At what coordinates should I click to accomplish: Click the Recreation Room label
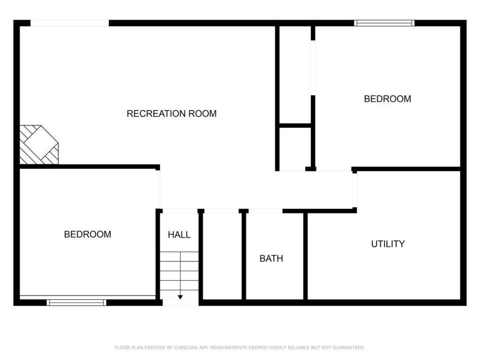[x=172, y=113]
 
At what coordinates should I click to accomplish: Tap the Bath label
[x=271, y=258]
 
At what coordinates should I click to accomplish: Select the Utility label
[x=388, y=244]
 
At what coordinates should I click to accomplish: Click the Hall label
[x=179, y=235]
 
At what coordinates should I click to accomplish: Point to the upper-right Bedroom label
[x=388, y=99]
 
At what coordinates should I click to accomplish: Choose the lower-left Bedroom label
[x=88, y=234]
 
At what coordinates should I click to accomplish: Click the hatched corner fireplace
[x=39, y=144]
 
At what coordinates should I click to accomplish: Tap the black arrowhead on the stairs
[x=180, y=297]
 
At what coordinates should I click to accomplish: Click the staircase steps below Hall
[x=180, y=274]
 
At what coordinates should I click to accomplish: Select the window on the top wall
[x=384, y=22]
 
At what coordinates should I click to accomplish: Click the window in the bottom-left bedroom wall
[x=76, y=302]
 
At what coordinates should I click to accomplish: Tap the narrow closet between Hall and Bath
[x=222, y=255]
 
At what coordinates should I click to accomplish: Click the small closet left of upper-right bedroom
[x=295, y=148]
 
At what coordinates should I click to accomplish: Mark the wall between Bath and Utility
[x=305, y=255]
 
